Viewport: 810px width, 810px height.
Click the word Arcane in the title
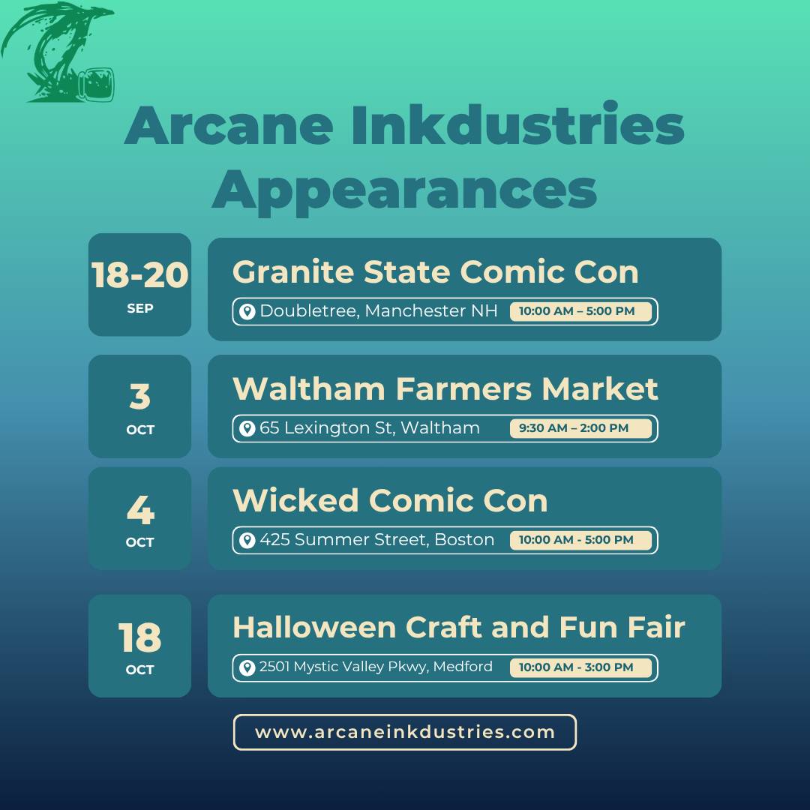pos(229,126)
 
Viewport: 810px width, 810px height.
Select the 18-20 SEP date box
pos(139,285)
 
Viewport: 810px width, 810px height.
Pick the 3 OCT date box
pos(139,406)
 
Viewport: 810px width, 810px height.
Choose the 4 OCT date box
pos(139,518)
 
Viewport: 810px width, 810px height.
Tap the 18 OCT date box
pos(139,646)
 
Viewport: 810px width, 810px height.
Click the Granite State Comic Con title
pos(436,271)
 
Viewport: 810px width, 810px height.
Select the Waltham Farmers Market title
pos(445,388)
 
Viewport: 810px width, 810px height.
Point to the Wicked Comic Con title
pos(390,500)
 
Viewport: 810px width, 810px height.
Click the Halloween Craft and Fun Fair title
pos(459,628)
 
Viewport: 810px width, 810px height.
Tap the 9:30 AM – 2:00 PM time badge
pos(580,428)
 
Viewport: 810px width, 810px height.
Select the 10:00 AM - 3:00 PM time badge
pos(580,667)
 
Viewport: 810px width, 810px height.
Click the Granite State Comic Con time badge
pos(580,311)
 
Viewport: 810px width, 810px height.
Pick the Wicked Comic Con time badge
pos(580,540)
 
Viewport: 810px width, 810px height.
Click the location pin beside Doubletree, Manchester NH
pos(247,311)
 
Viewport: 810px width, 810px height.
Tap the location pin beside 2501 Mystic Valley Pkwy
pos(247,667)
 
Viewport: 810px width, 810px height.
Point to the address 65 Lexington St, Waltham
pos(369,427)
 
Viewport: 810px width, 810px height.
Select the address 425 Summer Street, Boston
pos(376,539)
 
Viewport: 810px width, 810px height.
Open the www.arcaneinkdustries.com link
pos(404,732)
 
